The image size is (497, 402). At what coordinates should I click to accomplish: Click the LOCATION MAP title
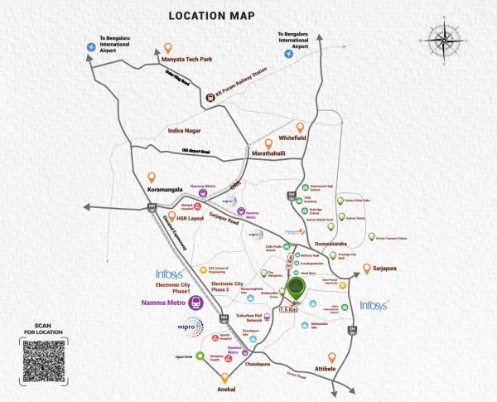[212, 15]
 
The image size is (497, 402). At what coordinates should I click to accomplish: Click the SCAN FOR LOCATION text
[44, 329]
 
